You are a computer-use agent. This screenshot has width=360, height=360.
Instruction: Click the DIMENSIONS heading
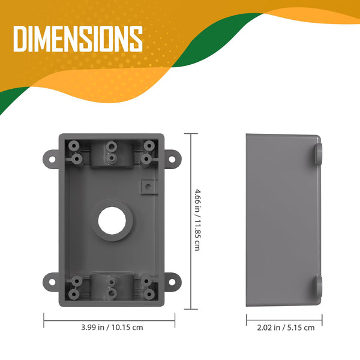[78, 39]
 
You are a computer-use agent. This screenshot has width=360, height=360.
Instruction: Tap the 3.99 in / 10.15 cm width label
[112, 328]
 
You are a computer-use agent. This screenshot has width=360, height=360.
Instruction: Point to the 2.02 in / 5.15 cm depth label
[281, 328]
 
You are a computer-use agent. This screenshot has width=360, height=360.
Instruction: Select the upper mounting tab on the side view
[319, 155]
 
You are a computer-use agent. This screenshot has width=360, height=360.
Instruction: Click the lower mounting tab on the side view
[318, 287]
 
